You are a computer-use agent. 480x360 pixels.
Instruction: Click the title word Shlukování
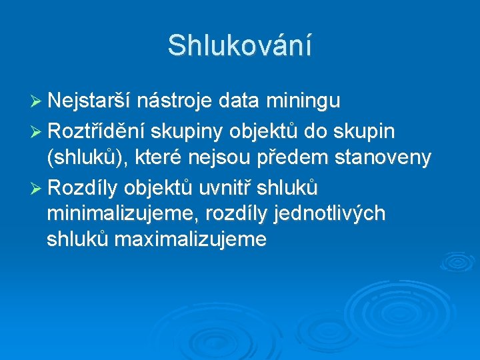tap(239, 45)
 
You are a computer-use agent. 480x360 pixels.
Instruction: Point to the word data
tap(241, 101)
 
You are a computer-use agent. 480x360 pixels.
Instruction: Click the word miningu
tap(303, 101)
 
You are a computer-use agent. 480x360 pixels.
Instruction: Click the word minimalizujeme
tap(123, 213)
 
